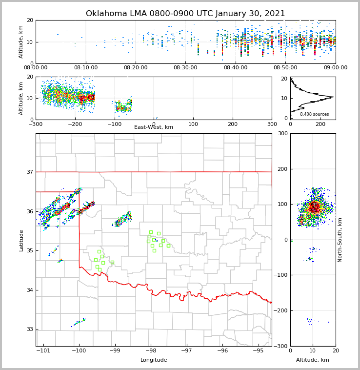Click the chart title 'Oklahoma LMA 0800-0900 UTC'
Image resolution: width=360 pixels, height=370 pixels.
[185, 14]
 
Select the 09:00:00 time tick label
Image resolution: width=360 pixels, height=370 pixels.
[335, 67]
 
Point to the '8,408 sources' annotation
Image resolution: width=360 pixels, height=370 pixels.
[314, 114]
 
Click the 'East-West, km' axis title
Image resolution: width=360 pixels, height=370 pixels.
[154, 127]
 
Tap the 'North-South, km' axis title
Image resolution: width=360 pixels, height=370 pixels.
[340, 240]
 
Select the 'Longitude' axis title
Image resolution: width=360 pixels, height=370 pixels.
[154, 360]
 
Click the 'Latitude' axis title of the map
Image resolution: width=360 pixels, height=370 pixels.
[21, 240]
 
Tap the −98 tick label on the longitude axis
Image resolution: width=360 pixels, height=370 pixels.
[150, 351]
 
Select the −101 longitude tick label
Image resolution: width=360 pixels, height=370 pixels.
[43, 351]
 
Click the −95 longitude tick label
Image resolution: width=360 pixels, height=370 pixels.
[258, 351]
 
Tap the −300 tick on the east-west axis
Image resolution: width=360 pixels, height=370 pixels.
[36, 123]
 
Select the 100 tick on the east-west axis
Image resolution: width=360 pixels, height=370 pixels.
[193, 123]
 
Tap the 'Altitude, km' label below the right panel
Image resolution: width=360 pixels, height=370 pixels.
[313, 360]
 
